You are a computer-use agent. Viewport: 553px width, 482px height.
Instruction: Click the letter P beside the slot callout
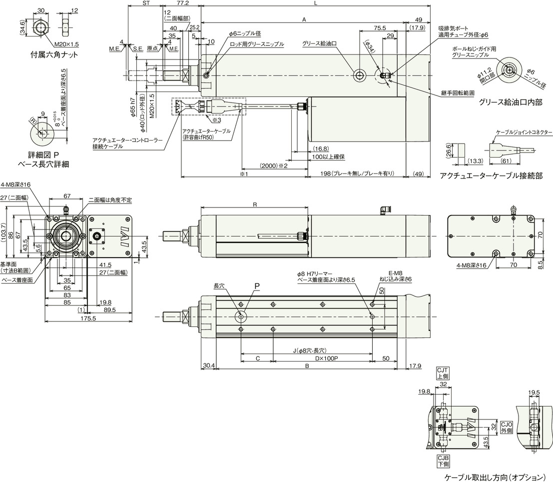[257, 286]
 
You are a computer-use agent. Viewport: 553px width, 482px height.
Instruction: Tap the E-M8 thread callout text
[388, 273]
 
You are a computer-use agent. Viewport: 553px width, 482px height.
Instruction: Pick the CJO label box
[507, 427]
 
